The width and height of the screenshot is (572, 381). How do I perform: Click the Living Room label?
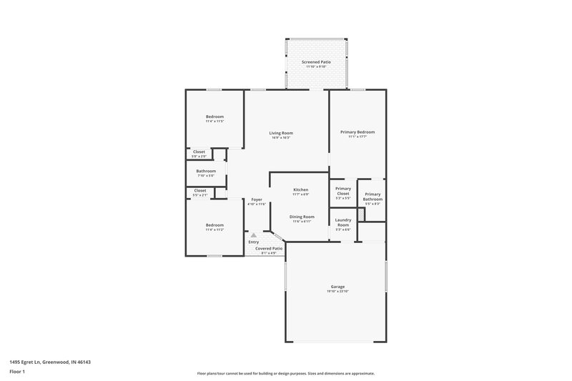(281, 133)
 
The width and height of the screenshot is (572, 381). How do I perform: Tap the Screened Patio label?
(315, 62)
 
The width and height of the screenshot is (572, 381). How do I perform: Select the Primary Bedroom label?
(357, 132)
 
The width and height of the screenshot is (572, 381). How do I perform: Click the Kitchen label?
(300, 189)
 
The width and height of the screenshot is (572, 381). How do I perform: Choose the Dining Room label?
(301, 217)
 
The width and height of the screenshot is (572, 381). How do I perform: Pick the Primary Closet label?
(343, 191)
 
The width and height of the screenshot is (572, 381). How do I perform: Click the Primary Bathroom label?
(373, 197)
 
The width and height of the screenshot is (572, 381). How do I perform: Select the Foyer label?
(256, 199)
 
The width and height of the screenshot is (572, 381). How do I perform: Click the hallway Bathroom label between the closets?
(207, 171)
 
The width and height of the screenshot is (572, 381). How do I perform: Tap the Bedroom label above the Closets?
(214, 117)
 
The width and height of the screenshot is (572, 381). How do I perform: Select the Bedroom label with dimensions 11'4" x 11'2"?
(214, 225)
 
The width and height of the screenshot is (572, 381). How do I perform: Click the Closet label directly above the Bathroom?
(199, 152)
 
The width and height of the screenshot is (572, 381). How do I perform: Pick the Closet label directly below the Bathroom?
(199, 190)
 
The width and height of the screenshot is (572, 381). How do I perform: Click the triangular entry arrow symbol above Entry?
(252, 234)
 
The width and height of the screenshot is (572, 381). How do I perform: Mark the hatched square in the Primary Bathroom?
(361, 214)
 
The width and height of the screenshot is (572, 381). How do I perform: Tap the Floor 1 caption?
(17, 372)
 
